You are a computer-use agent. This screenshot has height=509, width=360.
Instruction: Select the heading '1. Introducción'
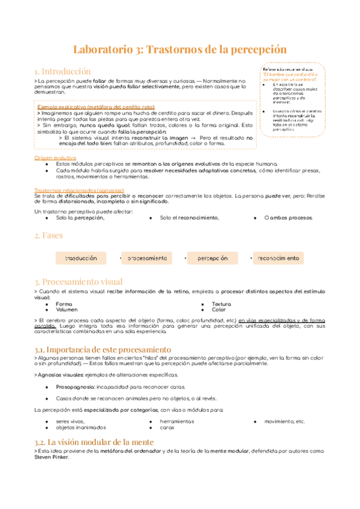62,71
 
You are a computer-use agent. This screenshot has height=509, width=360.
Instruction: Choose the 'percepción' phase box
212,258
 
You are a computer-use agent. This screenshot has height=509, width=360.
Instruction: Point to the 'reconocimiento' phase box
278,258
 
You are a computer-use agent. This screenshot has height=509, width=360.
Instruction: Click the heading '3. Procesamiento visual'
79,282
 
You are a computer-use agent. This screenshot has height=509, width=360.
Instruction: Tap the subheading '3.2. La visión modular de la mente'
94,442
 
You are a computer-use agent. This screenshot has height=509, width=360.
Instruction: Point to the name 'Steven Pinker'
52,456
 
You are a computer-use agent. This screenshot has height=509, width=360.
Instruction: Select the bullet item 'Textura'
221,304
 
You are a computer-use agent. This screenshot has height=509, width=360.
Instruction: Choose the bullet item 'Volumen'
67,310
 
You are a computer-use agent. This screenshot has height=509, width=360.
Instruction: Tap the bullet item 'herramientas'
178,422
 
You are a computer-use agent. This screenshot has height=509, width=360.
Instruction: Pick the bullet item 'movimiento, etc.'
284,422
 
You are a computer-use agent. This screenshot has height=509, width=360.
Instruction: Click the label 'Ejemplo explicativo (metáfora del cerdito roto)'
96,106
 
